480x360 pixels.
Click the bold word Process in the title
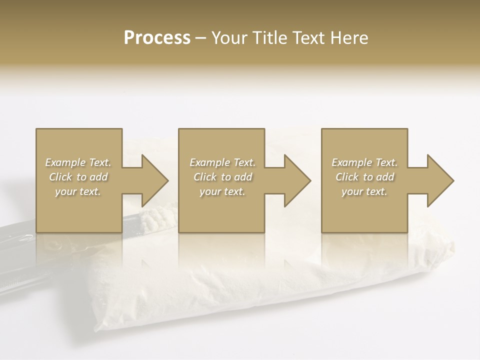(x=157, y=38)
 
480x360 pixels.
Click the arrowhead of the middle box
(x=296, y=180)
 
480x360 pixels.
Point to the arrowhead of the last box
(x=439, y=180)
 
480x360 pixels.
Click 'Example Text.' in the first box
(x=78, y=162)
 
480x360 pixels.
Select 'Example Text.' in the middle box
(x=222, y=162)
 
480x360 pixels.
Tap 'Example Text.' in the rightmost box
(x=364, y=162)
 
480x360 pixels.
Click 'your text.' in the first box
(x=78, y=191)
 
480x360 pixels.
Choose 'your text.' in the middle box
(x=222, y=191)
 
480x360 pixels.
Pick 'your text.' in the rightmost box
(x=364, y=191)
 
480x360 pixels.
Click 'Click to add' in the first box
(x=78, y=177)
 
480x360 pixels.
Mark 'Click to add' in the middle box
(x=222, y=177)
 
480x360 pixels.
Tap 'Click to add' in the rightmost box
(x=364, y=177)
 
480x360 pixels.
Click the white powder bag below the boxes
(x=260, y=280)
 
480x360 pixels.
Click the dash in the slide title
(x=200, y=38)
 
